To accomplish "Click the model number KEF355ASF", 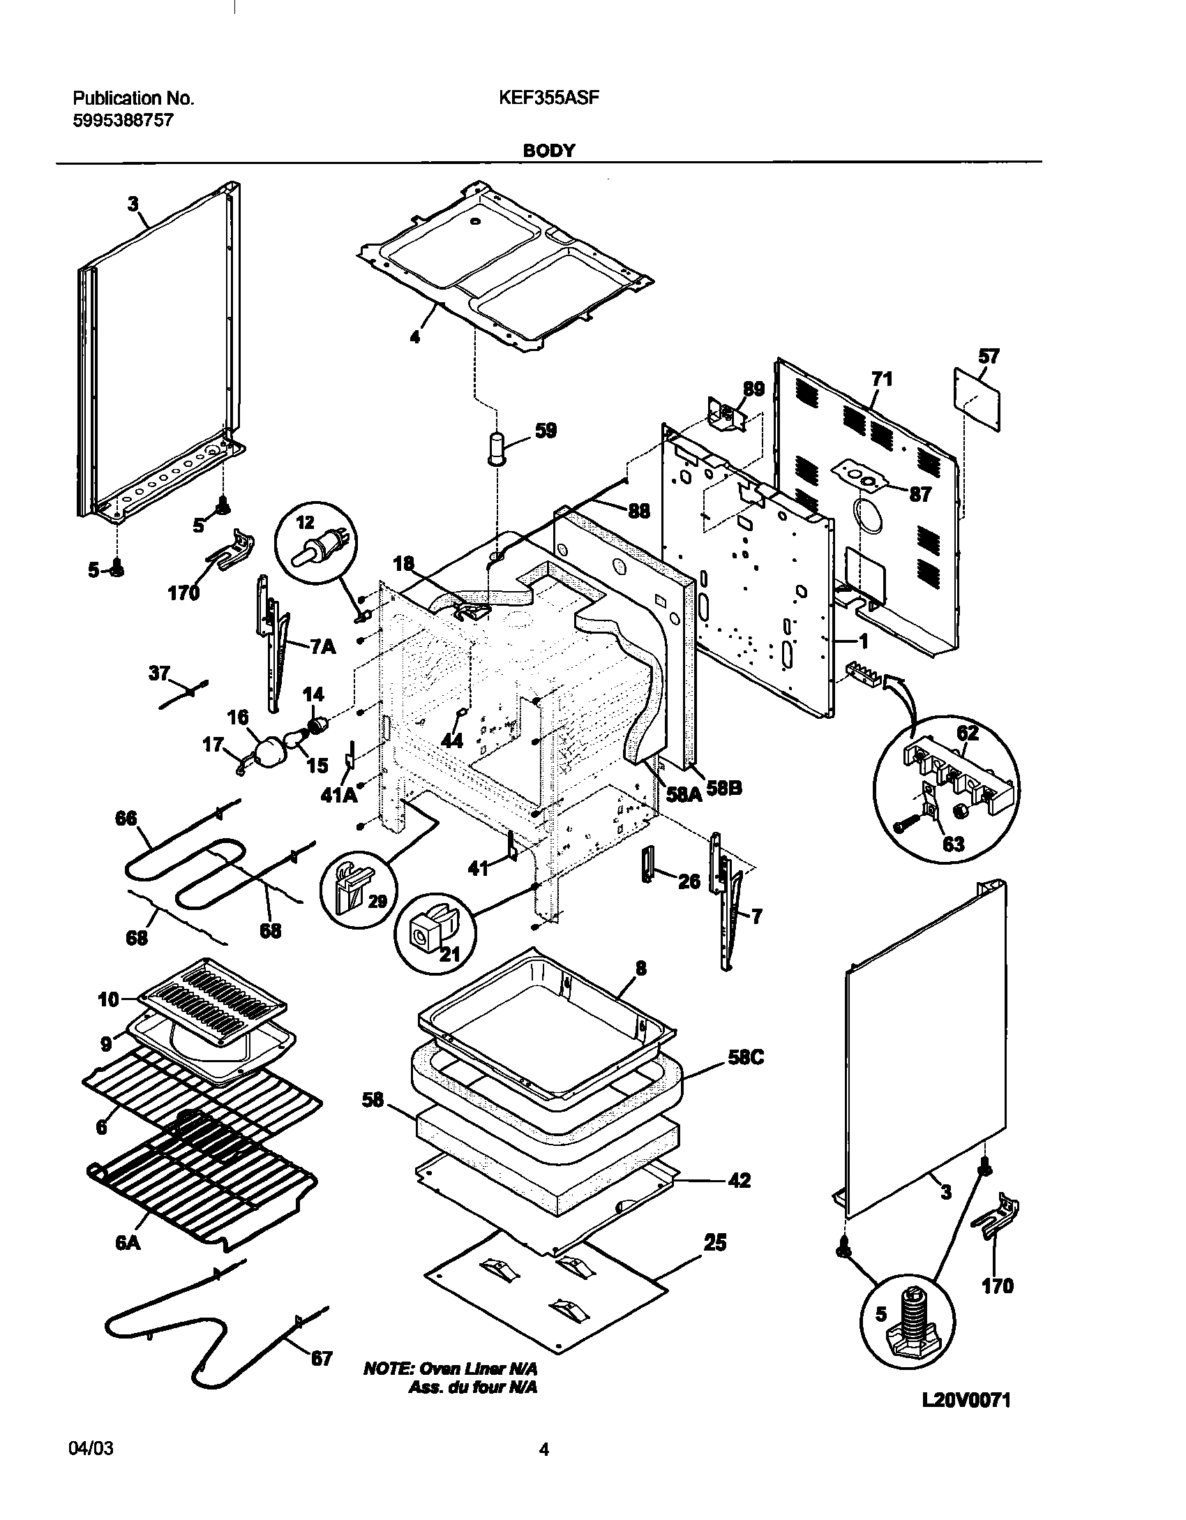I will click(x=548, y=98).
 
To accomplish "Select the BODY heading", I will click(x=549, y=151).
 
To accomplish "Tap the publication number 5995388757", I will click(x=123, y=121).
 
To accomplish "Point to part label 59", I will click(x=546, y=431).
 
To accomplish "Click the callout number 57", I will click(x=988, y=357).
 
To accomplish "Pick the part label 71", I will click(x=881, y=380).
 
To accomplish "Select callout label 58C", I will click(x=746, y=1057).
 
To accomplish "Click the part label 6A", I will click(x=129, y=1243).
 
